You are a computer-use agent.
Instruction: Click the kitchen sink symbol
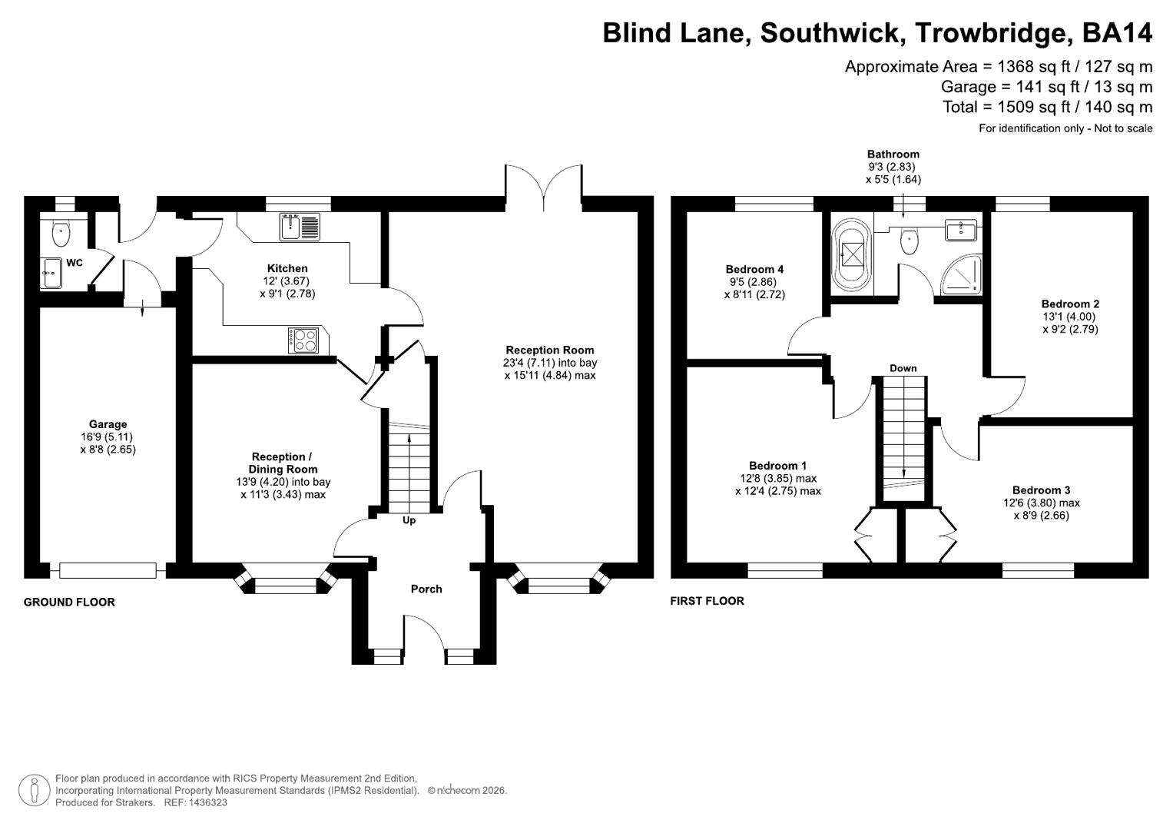tap(300, 227)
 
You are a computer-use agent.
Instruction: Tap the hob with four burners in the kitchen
tap(303, 340)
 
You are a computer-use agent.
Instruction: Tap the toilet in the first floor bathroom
tap(910, 240)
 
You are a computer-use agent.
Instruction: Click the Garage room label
tap(108, 424)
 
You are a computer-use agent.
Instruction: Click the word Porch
tap(426, 589)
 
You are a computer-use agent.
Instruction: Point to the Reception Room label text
tap(549, 350)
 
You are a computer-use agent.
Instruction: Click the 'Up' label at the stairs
tap(409, 520)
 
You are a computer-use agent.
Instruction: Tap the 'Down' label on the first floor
tap(903, 368)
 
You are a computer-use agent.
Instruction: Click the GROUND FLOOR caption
tap(69, 602)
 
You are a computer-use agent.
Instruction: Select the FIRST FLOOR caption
tap(707, 601)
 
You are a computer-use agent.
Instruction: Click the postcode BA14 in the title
tap(1117, 33)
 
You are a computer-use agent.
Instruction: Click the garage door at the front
tap(108, 570)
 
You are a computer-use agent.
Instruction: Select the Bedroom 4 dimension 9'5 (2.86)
tap(754, 281)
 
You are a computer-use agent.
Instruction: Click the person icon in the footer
tap(35, 790)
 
